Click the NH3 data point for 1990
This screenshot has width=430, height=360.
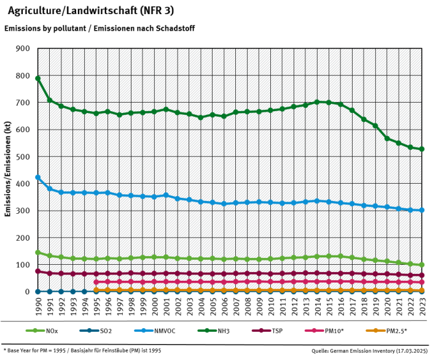click(x=38, y=79)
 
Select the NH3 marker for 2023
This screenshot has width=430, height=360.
click(x=422, y=149)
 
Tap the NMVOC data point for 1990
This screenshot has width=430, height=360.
click(x=38, y=178)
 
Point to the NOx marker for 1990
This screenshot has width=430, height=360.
click(x=38, y=252)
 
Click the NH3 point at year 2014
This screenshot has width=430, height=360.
click(x=317, y=102)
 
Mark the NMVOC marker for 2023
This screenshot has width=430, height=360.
click(x=422, y=210)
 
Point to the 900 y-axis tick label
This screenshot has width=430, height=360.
click(x=23, y=49)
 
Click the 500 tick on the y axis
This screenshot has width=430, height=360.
click(x=23, y=157)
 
